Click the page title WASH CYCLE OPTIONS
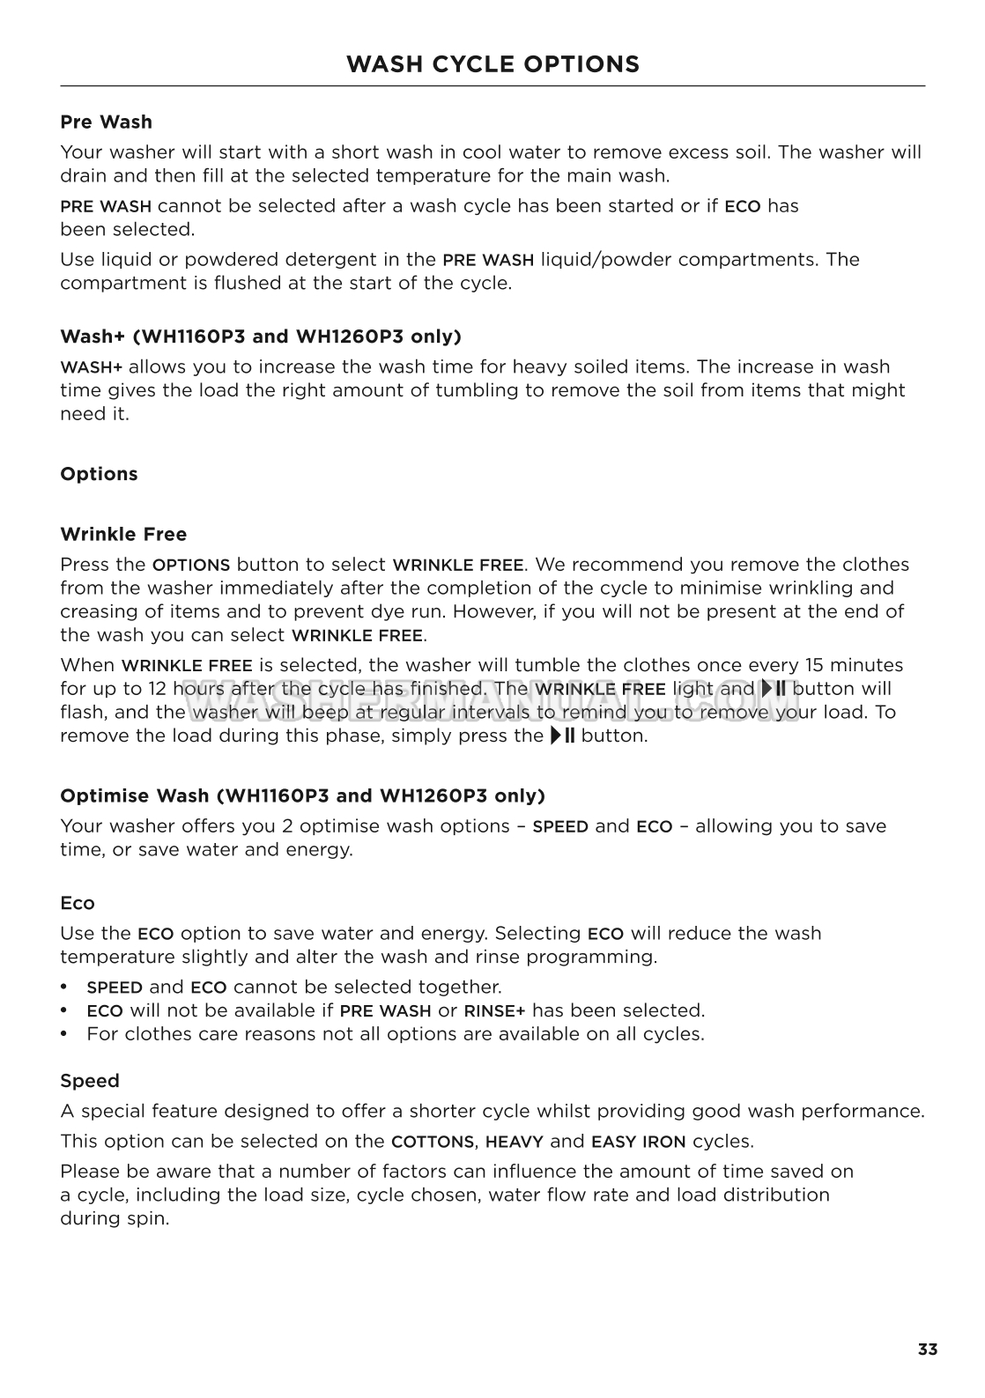point(493,64)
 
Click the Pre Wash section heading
point(106,122)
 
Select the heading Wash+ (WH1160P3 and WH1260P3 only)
point(261,337)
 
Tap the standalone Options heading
point(99,474)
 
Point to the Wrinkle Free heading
point(123,534)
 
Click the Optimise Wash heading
point(302,796)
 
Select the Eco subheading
point(78,903)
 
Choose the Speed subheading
point(90,1081)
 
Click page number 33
point(927,1350)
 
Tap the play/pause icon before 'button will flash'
point(774,689)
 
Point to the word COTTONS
point(433,1142)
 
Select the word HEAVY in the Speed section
point(514,1142)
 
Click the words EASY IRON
point(638,1142)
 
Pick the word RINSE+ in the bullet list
point(494,1011)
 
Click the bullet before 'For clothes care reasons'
point(64,1034)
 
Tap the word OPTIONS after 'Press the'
point(191,566)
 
